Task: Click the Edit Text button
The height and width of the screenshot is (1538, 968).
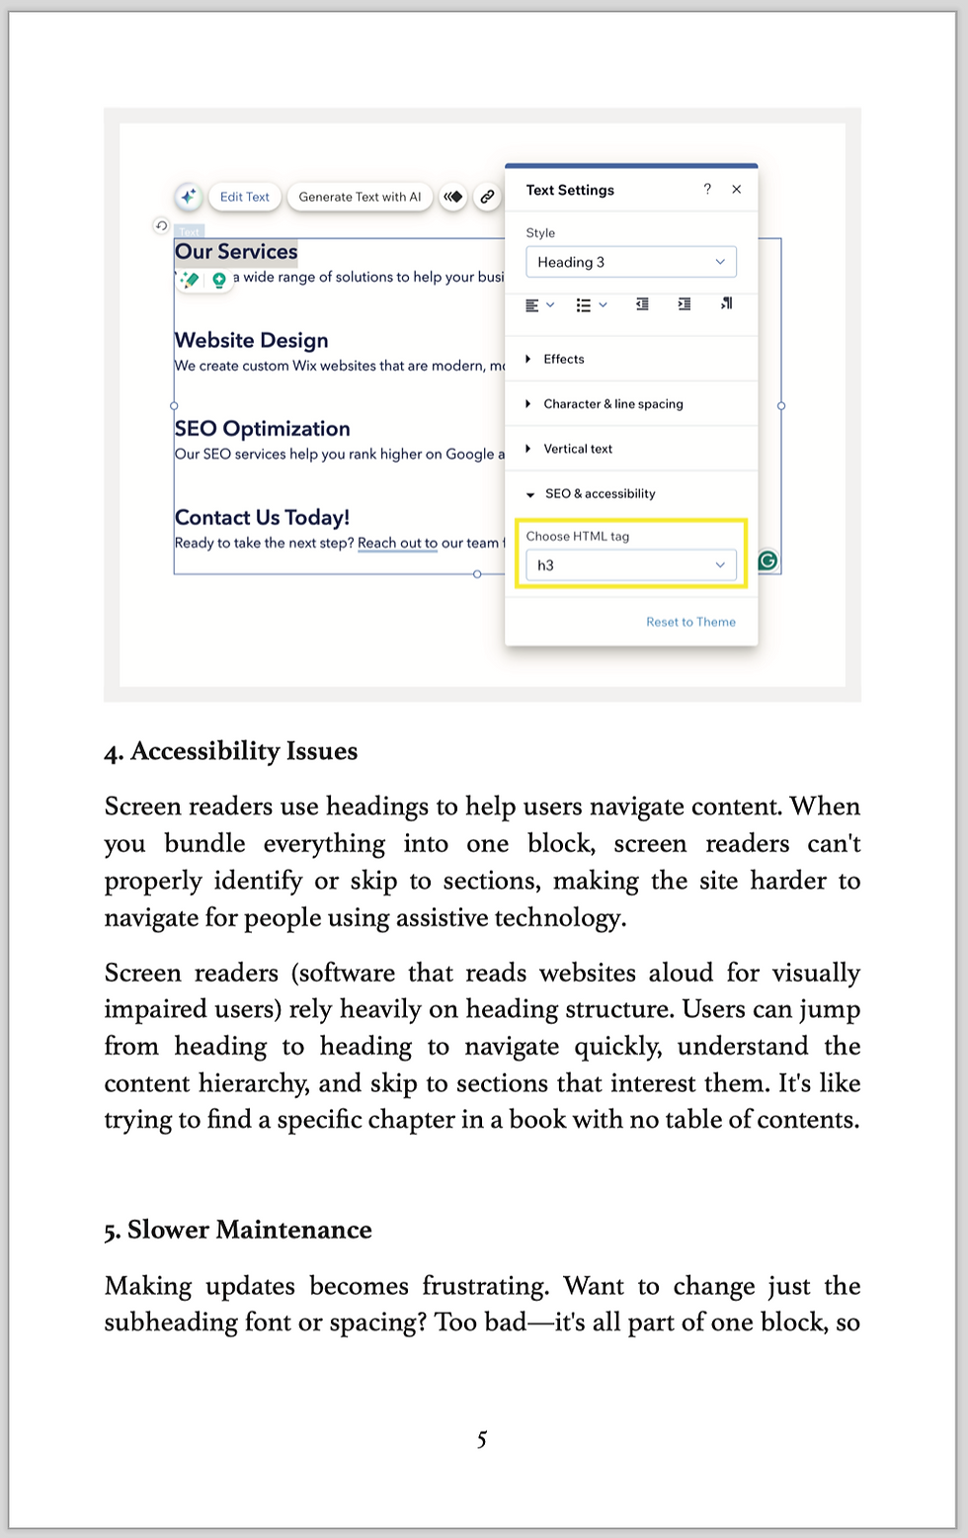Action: click(x=244, y=197)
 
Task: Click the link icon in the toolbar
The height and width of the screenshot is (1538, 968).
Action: click(x=487, y=197)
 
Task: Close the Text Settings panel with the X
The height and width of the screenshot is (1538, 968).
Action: click(x=737, y=190)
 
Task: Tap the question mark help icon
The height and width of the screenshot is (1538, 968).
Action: click(x=707, y=190)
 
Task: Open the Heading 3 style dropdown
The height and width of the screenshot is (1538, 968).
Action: click(x=630, y=262)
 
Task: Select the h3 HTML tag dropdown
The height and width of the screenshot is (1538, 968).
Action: click(x=630, y=565)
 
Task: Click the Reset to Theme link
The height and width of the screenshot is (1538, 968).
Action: click(x=690, y=622)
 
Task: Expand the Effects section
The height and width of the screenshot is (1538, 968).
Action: click(x=563, y=359)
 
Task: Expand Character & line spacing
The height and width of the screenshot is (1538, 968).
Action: click(x=612, y=403)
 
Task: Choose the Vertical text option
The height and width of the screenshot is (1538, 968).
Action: click(x=578, y=449)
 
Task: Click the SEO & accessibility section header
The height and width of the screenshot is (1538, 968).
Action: click(x=600, y=493)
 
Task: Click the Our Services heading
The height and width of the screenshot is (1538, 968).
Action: click(x=236, y=252)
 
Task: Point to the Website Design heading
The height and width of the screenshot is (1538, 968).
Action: click(x=252, y=340)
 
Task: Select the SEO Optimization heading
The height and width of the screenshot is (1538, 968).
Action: click(x=263, y=429)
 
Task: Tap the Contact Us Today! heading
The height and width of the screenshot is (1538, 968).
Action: click(x=263, y=518)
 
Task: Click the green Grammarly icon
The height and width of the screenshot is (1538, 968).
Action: click(x=767, y=561)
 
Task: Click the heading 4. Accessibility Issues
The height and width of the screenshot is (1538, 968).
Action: click(x=231, y=751)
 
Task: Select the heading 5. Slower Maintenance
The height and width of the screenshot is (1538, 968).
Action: click(x=238, y=1230)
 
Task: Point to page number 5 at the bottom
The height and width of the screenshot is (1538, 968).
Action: click(x=482, y=1439)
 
